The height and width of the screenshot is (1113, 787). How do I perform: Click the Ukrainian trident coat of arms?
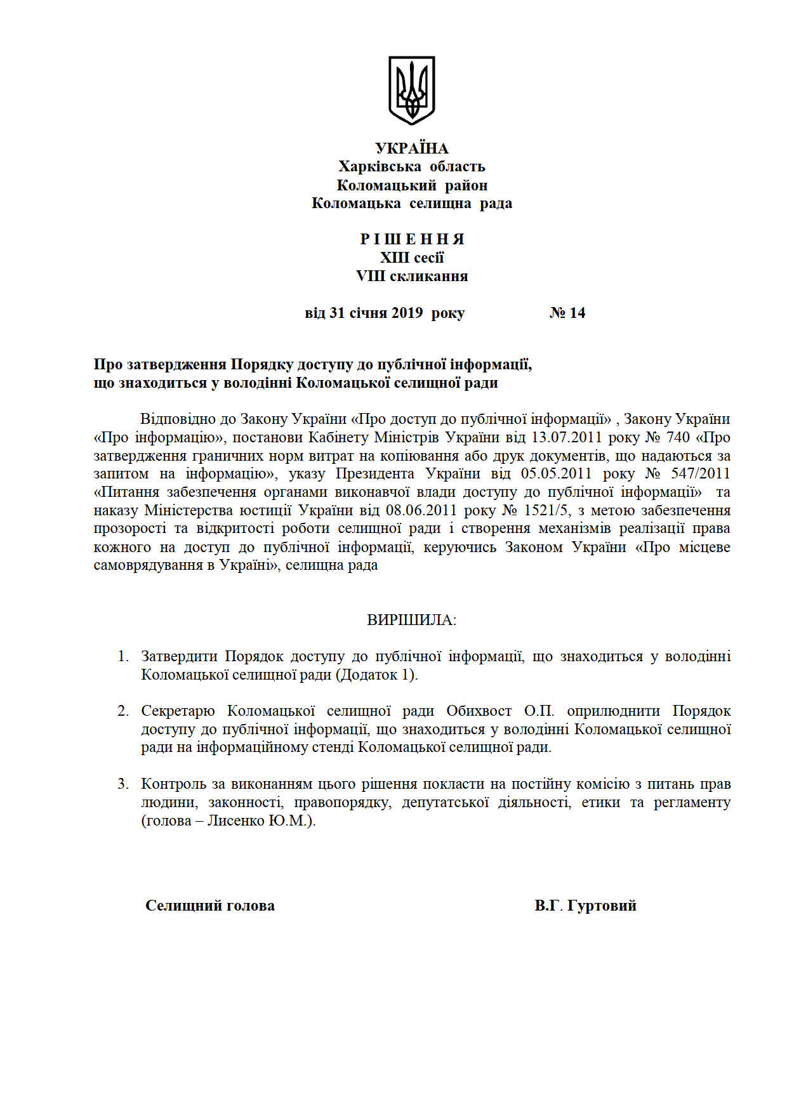click(411, 89)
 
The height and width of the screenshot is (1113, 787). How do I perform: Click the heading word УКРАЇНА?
click(411, 148)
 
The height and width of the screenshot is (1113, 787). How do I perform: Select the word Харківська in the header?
click(380, 167)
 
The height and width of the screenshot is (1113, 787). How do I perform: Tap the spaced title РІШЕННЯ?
click(412, 239)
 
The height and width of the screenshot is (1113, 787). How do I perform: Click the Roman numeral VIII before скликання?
click(370, 276)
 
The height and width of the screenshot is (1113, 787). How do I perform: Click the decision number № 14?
click(567, 313)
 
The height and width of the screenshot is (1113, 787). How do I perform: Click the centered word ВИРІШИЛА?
click(411, 620)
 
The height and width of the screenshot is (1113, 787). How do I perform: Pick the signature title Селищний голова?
click(210, 906)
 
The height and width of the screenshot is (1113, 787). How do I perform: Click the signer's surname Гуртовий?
click(601, 906)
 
